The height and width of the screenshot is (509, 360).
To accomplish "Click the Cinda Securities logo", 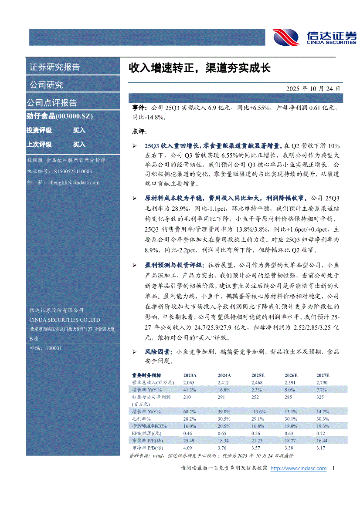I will click(314, 37).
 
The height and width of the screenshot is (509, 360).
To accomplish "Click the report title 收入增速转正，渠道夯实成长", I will click(199, 68).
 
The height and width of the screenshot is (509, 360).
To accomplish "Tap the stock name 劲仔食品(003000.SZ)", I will click(60, 116).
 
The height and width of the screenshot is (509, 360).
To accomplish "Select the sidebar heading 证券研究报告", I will click(54, 67).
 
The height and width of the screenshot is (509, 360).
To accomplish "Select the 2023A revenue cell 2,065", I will click(190, 382).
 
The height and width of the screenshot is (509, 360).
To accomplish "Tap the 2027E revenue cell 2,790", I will click(323, 382).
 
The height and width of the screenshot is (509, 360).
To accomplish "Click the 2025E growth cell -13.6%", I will click(259, 411).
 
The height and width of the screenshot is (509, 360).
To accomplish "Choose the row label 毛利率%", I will click(141, 419).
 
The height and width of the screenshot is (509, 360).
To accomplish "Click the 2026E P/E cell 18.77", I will click(291, 441).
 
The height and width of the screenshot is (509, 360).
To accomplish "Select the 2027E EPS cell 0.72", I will click(321, 433).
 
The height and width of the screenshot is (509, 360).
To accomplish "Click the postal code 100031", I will click(54, 348).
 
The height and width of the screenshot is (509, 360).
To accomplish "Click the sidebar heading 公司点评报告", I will click(52, 103).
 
